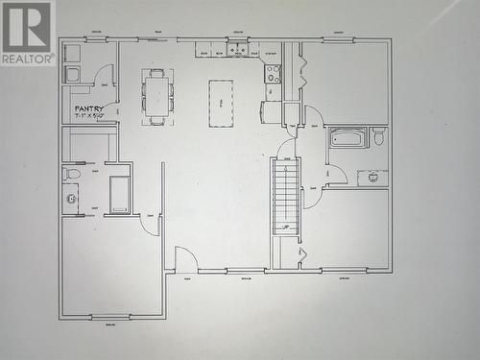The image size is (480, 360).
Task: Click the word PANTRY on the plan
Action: tap(89, 108)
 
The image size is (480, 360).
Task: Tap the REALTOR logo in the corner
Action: tap(27, 33)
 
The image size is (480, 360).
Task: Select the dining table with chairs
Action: tap(157, 96)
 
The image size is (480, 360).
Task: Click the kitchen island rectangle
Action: tap(221, 104)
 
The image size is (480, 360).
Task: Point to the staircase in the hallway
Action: tap(285, 196)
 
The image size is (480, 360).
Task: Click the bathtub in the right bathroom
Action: tap(347, 138)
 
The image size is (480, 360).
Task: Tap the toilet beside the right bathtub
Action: tap(378, 137)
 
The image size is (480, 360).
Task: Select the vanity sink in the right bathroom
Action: tap(372, 178)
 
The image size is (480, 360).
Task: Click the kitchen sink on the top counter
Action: tap(237, 49)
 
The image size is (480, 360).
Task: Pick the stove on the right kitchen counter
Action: tap(273, 73)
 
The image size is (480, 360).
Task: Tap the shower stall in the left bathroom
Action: tap(119, 195)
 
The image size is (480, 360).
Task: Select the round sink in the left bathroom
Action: tap(71, 199)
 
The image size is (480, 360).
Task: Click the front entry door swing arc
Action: tap(186, 258)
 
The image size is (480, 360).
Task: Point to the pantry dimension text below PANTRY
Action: tap(89, 117)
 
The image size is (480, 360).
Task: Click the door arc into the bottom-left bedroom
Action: tap(149, 226)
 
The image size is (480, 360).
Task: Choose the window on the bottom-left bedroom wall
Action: tap(110, 317)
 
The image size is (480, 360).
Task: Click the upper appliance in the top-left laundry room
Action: tap(72, 53)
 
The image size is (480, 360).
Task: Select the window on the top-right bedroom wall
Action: tap(338, 39)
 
